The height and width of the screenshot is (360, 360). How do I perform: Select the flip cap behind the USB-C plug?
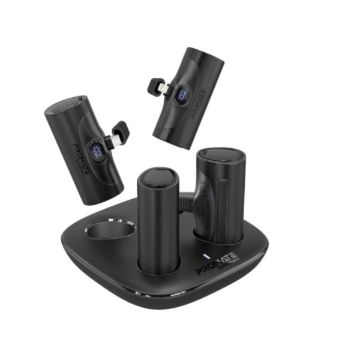point(119,129)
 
